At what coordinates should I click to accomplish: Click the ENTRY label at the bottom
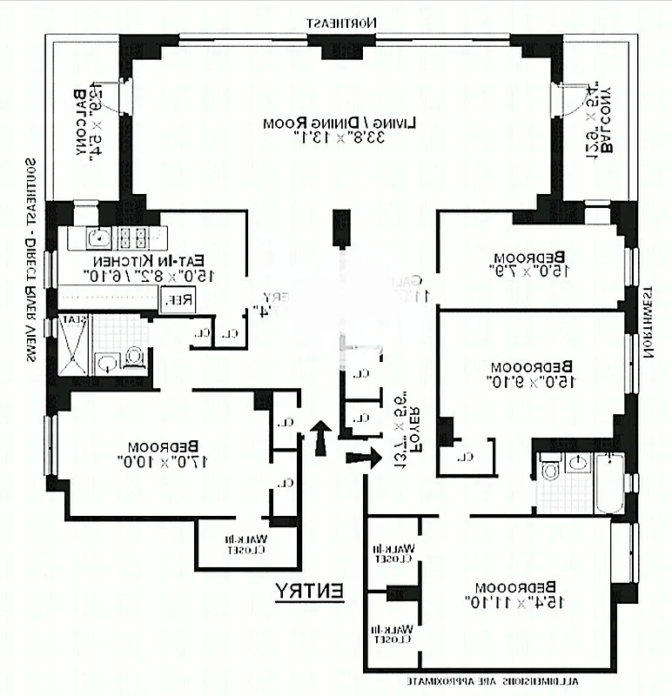pyautogui.click(x=310, y=592)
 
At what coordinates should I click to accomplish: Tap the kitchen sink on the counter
pyautogui.click(x=97, y=237)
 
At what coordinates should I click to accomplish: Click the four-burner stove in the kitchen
pyautogui.click(x=131, y=237)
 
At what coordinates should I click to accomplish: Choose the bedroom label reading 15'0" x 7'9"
pyautogui.click(x=528, y=264)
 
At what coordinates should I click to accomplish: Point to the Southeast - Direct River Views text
pyautogui.click(x=32, y=261)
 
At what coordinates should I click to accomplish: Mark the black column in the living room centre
pyautogui.click(x=340, y=230)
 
